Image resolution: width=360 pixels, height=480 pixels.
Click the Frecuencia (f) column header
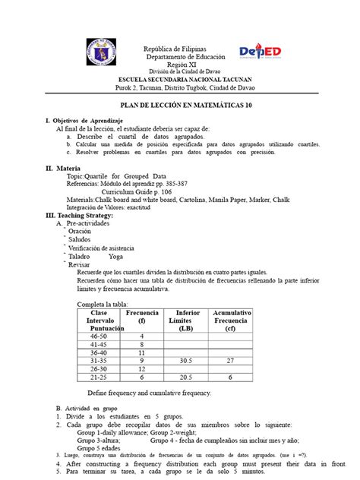(x=142, y=317)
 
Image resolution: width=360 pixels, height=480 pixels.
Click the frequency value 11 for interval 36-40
(x=142, y=352)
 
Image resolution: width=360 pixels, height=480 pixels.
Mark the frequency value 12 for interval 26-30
(x=142, y=369)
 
